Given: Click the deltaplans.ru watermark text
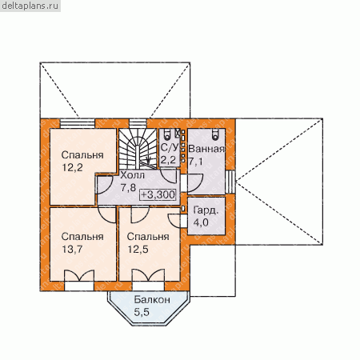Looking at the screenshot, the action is [x=30, y=6].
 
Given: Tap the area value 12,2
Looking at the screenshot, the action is [x=72, y=168].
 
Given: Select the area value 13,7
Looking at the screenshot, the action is [x=72, y=250].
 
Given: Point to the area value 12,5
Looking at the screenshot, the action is [x=138, y=250].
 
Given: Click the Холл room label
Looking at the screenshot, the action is [x=133, y=175].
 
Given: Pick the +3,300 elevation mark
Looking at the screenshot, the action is [x=158, y=194].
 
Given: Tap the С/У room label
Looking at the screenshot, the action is [x=169, y=147].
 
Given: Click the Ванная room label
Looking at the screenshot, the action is [x=206, y=149].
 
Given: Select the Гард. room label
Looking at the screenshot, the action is [x=206, y=210].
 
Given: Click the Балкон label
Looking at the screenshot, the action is [x=152, y=300].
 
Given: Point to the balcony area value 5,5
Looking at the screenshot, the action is [x=142, y=312].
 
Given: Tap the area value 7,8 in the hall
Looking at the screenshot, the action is [x=128, y=188].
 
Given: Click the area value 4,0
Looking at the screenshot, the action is [x=201, y=222].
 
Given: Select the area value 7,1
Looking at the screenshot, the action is [x=195, y=162].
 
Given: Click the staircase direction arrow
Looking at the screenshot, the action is [x=148, y=160].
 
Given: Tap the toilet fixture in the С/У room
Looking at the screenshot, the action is [x=167, y=134].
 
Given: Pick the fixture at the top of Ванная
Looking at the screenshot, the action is [x=215, y=134].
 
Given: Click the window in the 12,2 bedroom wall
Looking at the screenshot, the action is [x=78, y=123].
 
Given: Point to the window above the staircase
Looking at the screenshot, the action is [x=138, y=123].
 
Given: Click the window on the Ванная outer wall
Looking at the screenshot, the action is [x=230, y=182].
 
